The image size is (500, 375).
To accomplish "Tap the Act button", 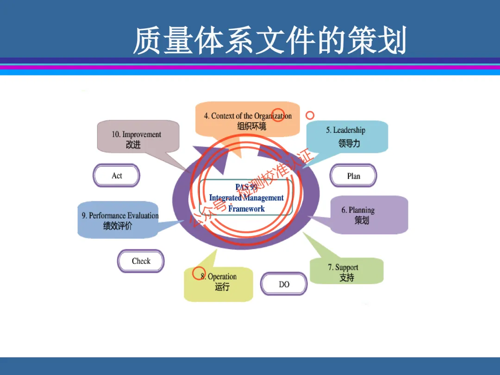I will pos(117,175).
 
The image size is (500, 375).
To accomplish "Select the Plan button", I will pos(353,176).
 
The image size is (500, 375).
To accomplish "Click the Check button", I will pos(141,261).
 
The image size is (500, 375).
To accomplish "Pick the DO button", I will pos(284,284).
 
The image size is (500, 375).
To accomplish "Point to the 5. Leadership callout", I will pos(347,137).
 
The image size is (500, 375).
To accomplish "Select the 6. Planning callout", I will pos(366,215).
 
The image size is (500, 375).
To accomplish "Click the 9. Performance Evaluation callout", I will pos(119,219).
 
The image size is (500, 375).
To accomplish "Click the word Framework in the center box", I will pos(246,209).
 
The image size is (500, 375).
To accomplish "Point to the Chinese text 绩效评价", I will pos(117,226).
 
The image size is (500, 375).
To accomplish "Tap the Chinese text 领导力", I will pos(349,143).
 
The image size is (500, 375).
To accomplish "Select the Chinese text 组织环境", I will pos(251,126).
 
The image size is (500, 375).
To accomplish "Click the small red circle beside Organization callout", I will pos(310,115).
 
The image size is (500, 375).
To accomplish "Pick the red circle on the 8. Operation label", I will pos(199,274).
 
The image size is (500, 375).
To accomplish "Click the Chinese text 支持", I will pos(346,277).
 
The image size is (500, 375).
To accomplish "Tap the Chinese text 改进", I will pos(133,144).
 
